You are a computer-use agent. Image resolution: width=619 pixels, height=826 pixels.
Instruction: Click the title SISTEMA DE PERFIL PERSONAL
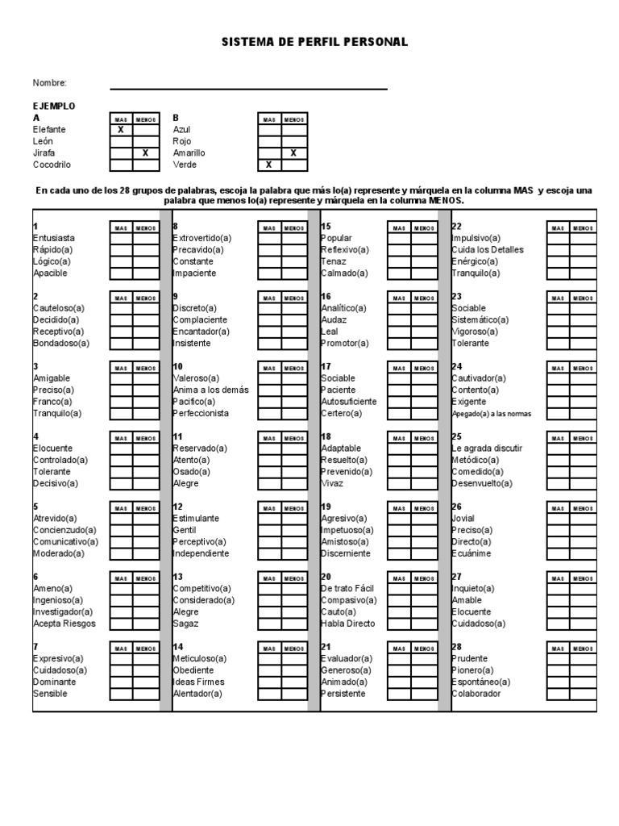click(315, 42)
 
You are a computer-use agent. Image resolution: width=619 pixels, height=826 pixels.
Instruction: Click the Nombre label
click(49, 83)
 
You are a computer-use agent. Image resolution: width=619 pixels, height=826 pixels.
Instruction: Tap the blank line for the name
click(248, 88)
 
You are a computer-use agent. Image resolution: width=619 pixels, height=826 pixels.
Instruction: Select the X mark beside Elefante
click(121, 130)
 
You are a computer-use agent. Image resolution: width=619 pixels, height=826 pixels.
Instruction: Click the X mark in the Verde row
click(269, 165)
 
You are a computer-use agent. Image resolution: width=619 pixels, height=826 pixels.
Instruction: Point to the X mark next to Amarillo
click(293, 153)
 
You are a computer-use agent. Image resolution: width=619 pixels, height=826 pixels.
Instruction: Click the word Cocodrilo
click(52, 165)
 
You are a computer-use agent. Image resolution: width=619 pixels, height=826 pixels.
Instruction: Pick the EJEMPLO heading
click(54, 106)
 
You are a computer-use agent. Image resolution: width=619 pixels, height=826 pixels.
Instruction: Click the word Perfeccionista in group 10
click(201, 414)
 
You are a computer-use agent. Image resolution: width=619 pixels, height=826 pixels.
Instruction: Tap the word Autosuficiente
click(348, 402)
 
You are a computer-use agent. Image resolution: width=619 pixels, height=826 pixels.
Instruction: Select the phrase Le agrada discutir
click(487, 448)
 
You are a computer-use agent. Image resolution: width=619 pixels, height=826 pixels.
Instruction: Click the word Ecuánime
click(472, 554)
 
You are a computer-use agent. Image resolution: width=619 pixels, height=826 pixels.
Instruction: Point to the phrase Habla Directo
click(348, 624)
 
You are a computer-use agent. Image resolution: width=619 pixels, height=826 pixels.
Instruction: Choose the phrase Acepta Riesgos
click(64, 624)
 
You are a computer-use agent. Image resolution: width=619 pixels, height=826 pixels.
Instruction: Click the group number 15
click(326, 227)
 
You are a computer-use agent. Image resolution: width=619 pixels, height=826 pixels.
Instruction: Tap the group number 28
click(456, 647)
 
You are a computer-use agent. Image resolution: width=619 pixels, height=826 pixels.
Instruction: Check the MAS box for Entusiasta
click(121, 239)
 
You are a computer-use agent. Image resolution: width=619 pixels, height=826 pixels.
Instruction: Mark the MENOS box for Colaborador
click(584, 694)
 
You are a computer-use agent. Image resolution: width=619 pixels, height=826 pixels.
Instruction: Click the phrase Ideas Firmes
click(198, 682)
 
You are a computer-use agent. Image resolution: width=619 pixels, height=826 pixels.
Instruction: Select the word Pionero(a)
click(472, 670)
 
